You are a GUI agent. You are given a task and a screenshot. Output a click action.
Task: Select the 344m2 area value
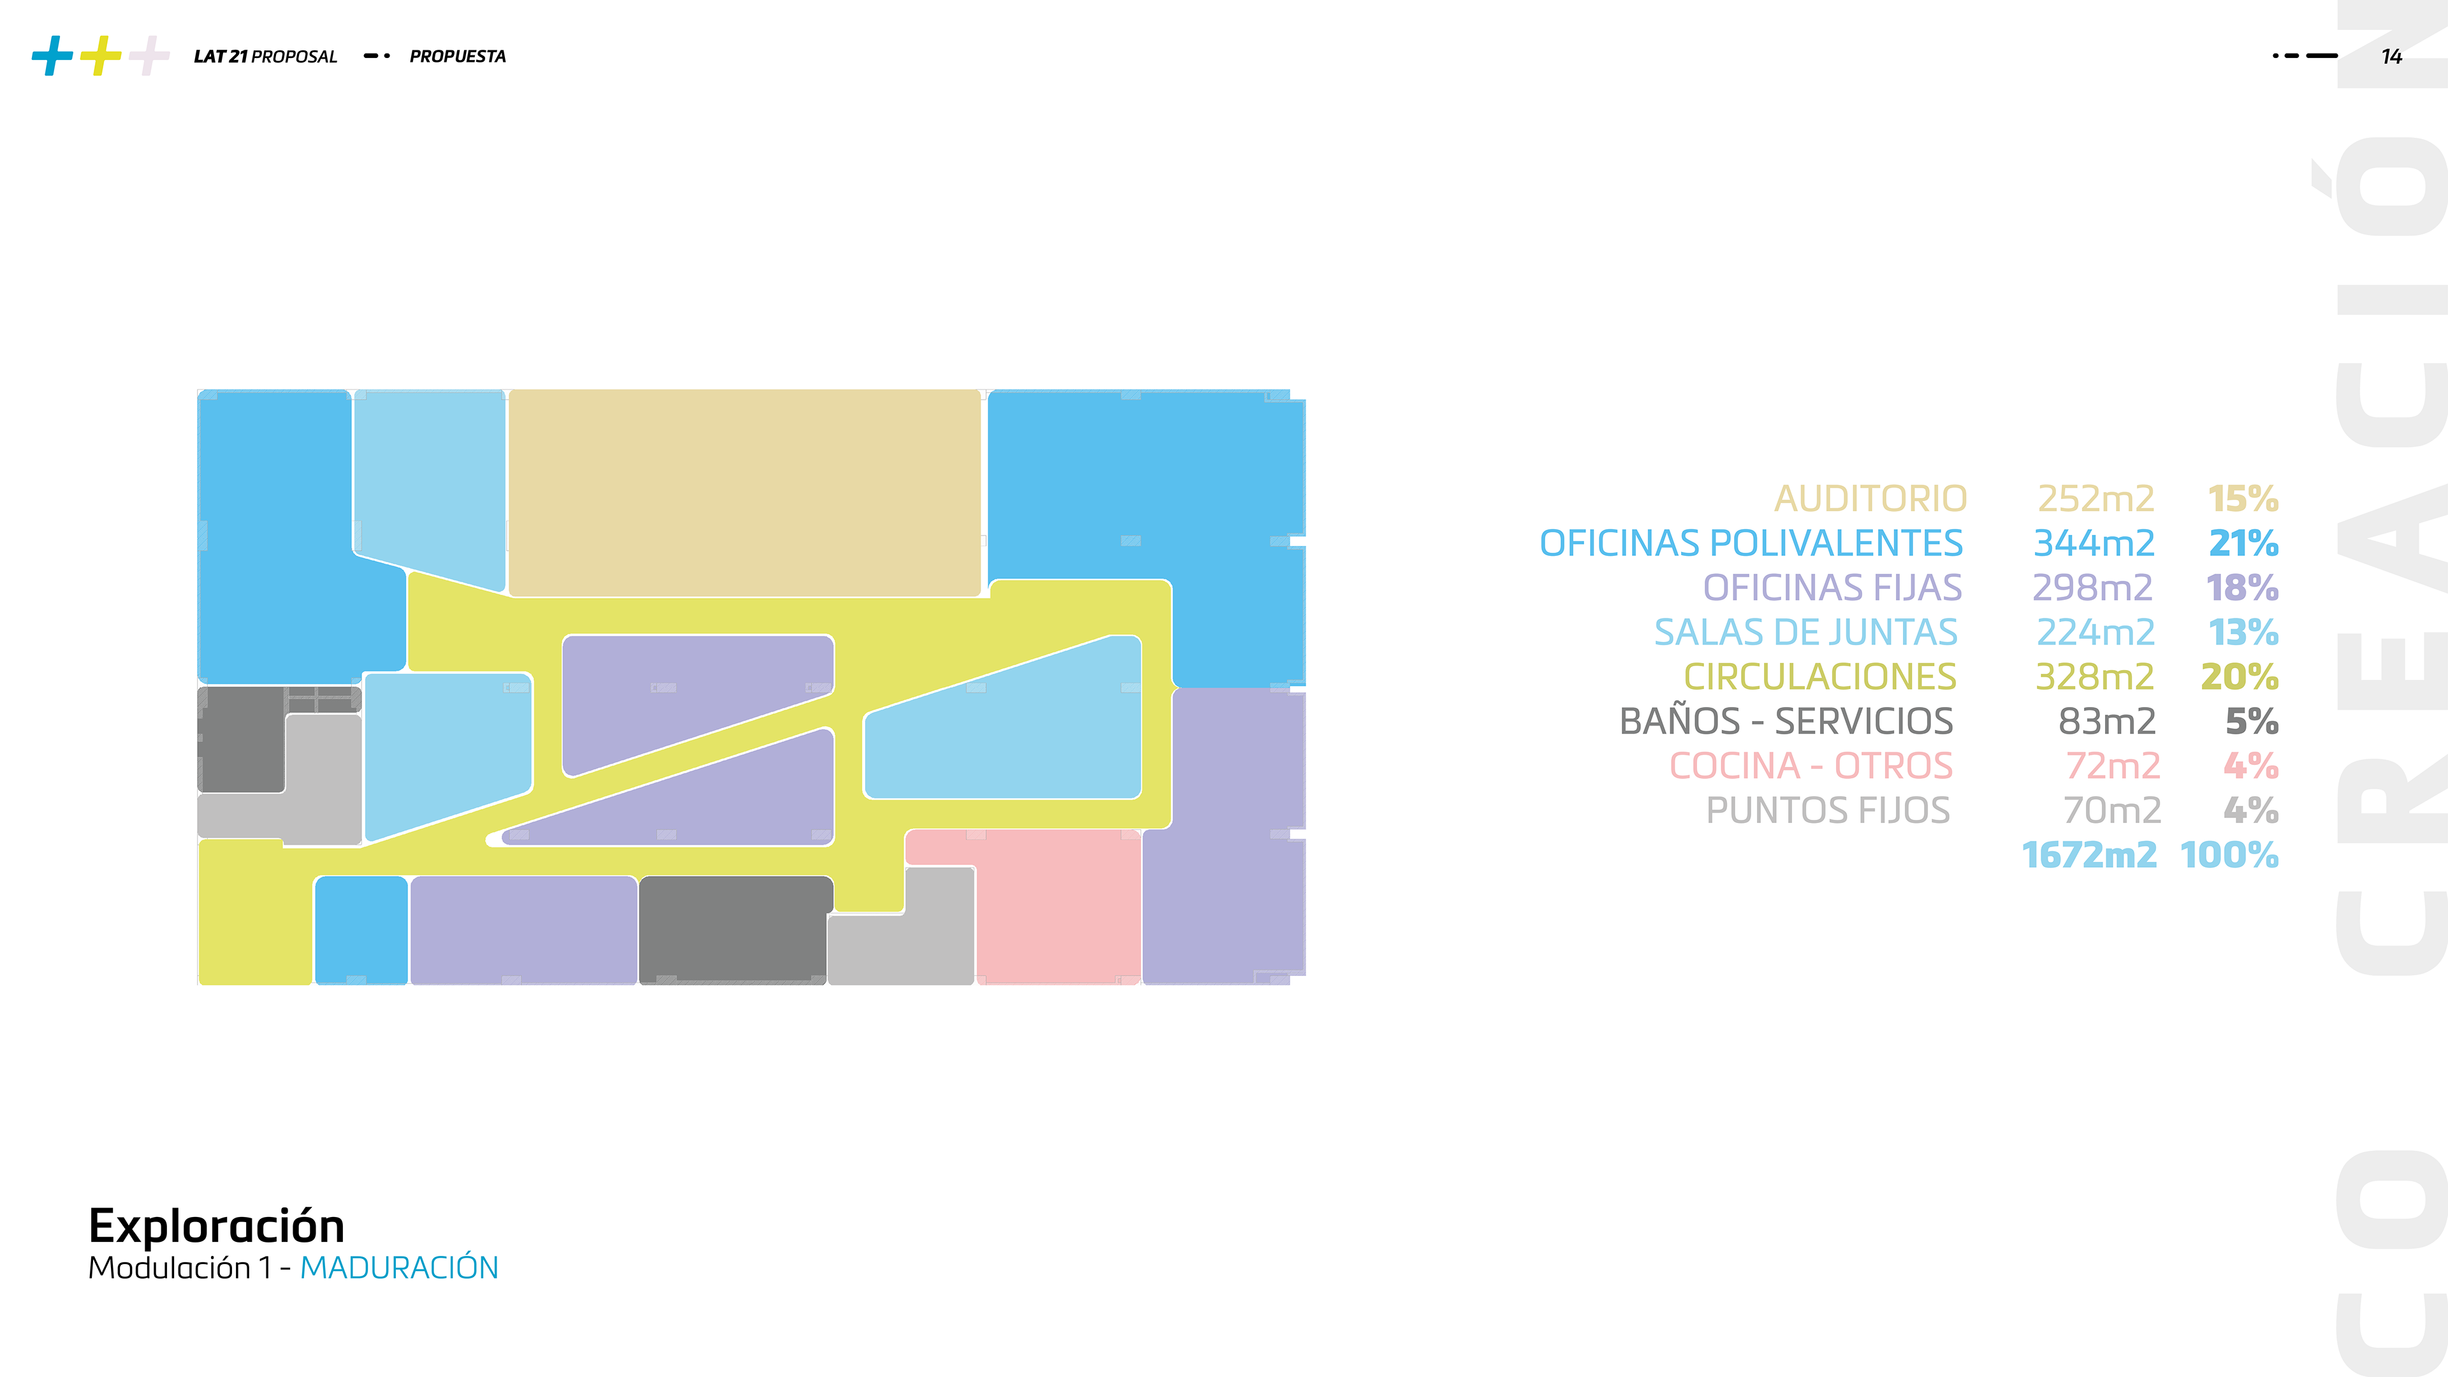pyautogui.click(x=2094, y=544)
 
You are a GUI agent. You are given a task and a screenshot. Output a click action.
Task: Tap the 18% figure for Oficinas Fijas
pyautogui.click(x=2242, y=588)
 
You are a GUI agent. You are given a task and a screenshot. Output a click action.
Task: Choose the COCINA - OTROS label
pyautogui.click(x=1810, y=766)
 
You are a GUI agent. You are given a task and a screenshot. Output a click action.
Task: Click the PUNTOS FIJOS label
pyautogui.click(x=1828, y=811)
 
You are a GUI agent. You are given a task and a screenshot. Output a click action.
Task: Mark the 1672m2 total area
pyautogui.click(x=2089, y=856)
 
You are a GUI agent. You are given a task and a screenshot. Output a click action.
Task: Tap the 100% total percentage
pyautogui.click(x=2229, y=856)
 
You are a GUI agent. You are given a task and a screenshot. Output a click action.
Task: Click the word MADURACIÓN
pyautogui.click(x=399, y=1268)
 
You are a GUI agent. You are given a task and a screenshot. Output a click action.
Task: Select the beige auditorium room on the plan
pyautogui.click(x=744, y=492)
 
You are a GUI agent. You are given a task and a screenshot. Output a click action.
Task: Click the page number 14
pyautogui.click(x=2392, y=57)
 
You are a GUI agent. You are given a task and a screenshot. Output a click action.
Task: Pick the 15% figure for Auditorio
pyautogui.click(x=2243, y=499)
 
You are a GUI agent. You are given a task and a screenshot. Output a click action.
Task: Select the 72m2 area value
pyautogui.click(x=2113, y=766)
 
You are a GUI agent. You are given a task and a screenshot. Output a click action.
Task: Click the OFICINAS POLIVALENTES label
pyautogui.click(x=1751, y=544)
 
